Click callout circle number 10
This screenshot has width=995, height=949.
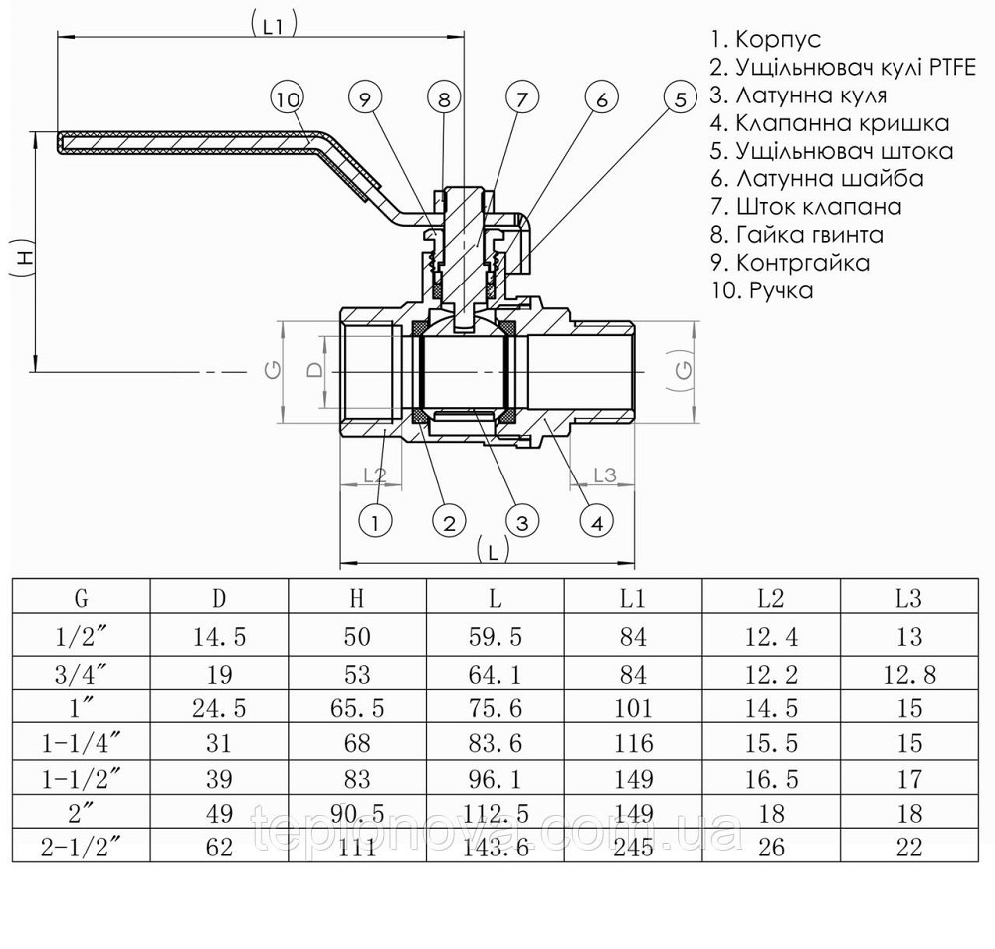pos(288,98)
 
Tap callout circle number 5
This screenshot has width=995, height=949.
pos(681,98)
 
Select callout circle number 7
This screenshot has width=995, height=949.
pos(521,98)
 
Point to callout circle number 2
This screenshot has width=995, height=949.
pos(449,521)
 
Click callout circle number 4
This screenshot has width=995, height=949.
pos(596,521)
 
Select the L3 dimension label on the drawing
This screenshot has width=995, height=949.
pos(605,474)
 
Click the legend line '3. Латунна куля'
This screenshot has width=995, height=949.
pos(798,95)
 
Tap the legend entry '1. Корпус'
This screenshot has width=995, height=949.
pos(765,40)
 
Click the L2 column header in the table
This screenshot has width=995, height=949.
pos(771,598)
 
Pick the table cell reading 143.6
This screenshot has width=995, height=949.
pos(495,848)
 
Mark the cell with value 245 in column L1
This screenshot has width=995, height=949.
pos(633,848)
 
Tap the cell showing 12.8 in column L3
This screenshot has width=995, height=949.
pos(908,674)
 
